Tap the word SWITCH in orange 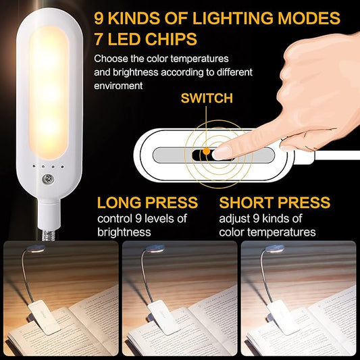point(207,99)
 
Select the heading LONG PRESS point(147,203)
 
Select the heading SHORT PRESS point(275,203)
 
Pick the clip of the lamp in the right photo point(282,315)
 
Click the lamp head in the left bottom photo point(36,249)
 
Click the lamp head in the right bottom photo point(273,249)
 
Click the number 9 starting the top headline point(100,18)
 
